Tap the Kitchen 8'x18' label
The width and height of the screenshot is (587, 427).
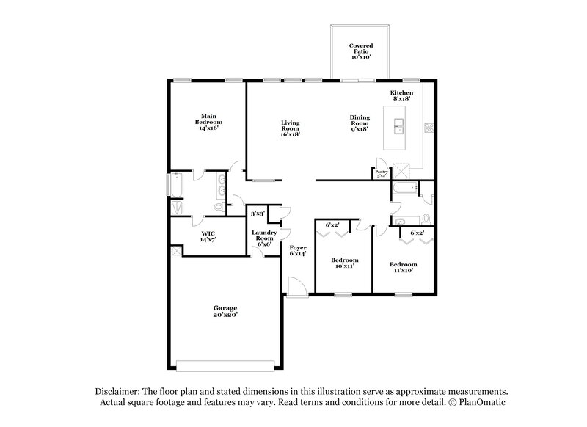[x=401, y=96]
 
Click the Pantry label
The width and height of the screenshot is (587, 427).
[x=382, y=174]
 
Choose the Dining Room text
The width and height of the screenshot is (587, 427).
[x=360, y=123]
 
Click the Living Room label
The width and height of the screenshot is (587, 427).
[x=290, y=128]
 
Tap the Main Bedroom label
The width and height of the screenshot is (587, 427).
[x=208, y=122]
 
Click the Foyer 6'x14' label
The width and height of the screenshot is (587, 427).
[x=297, y=251]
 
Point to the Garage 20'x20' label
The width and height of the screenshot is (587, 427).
[x=225, y=311]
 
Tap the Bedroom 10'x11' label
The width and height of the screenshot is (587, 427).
[x=344, y=263]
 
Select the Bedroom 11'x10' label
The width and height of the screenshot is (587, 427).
[x=403, y=267]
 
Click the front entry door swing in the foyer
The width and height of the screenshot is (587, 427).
[x=296, y=286]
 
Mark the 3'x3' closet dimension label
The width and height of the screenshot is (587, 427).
[x=257, y=214]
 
